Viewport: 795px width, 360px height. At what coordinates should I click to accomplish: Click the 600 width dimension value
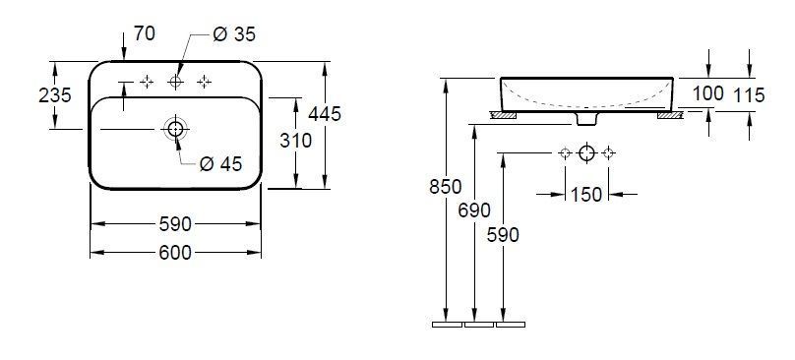tap(174, 253)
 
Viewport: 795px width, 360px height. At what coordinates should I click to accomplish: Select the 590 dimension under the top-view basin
tap(174, 224)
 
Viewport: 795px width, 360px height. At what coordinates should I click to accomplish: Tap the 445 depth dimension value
tap(324, 114)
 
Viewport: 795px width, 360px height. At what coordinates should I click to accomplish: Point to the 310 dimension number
tap(295, 141)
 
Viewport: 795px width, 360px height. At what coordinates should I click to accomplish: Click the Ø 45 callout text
tap(219, 164)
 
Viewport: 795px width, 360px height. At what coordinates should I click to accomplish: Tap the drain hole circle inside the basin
tap(176, 128)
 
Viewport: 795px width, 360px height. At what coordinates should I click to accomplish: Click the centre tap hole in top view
tap(176, 82)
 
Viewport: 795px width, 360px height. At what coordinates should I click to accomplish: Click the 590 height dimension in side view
tap(503, 234)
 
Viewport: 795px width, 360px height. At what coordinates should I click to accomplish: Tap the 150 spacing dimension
tap(586, 195)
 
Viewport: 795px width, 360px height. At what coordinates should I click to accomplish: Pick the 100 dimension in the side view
tap(707, 93)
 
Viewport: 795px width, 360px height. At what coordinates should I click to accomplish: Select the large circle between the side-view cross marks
tap(586, 152)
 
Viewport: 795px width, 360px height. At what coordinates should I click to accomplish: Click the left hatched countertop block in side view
tap(504, 116)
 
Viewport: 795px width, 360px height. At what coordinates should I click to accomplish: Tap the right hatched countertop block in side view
tap(670, 116)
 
